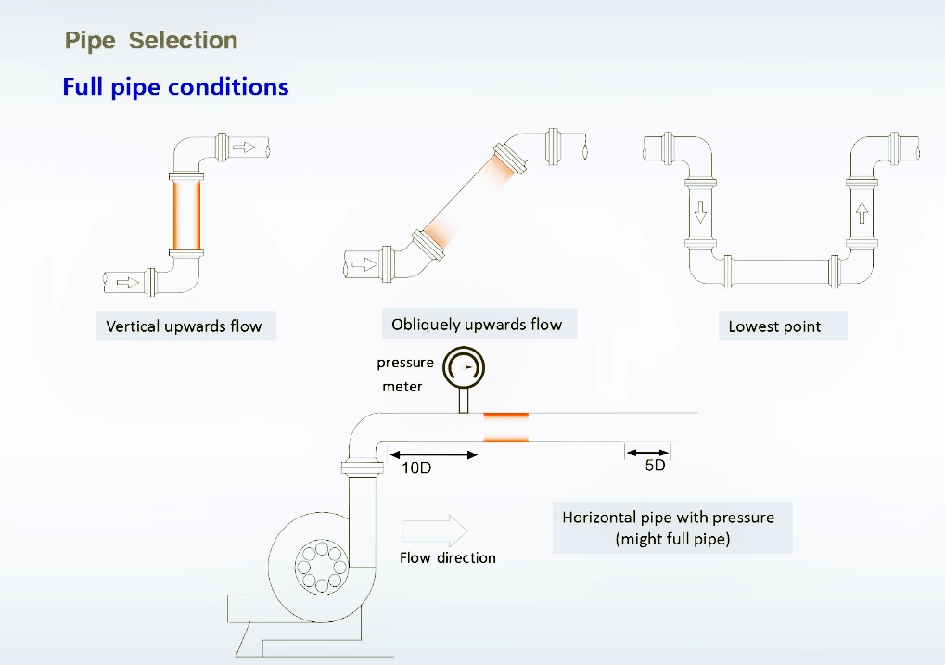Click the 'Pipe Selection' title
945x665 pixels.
click(151, 41)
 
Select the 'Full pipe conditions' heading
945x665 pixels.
click(175, 87)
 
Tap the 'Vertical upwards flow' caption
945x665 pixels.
click(184, 326)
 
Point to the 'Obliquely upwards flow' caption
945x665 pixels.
click(477, 325)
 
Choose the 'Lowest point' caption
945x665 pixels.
click(774, 326)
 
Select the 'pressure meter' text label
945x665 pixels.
click(404, 374)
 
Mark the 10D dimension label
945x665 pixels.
click(416, 468)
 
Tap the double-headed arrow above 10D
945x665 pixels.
click(433, 454)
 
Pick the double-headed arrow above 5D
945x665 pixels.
click(647, 453)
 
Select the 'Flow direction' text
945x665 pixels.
click(447, 558)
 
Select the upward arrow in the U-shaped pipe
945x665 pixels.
click(862, 212)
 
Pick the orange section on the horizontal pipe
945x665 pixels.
click(505, 427)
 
